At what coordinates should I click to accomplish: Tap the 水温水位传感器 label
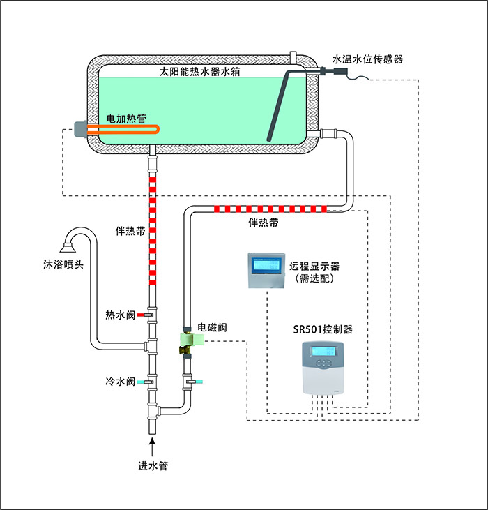367,60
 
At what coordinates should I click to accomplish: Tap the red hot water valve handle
142,315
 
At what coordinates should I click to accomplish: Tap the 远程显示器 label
319,267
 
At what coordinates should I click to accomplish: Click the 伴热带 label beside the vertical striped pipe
130,230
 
